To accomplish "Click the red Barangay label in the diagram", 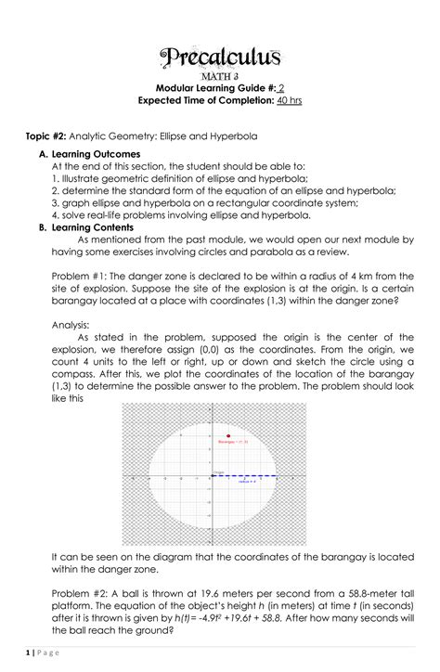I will [x=231, y=444].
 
